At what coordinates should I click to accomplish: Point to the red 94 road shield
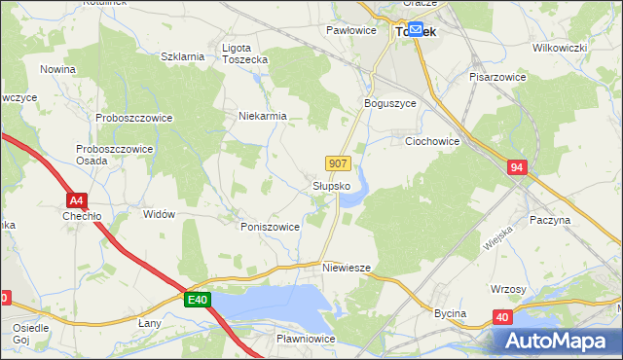517,168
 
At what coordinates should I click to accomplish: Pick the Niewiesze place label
347,267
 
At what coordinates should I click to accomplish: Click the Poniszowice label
270,226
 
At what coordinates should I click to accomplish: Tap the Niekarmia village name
263,116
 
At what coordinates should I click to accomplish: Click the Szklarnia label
182,56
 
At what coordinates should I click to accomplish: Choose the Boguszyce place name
389,103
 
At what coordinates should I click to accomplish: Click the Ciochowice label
431,141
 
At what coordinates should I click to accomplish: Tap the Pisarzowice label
497,76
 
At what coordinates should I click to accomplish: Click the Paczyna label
550,221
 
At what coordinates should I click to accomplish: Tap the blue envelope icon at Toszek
416,30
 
